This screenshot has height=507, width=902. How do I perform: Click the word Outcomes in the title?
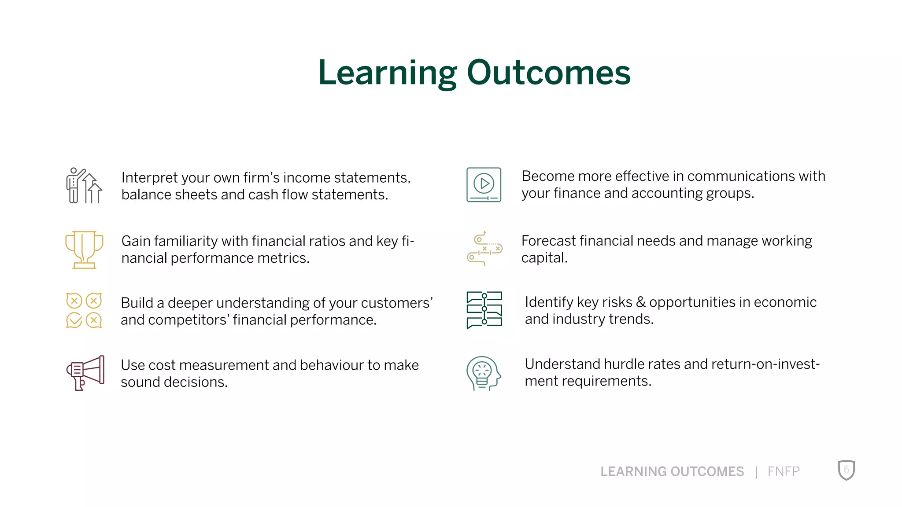coord(548,73)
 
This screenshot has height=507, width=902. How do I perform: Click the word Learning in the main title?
coord(388,73)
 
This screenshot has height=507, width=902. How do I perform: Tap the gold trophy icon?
coord(84,250)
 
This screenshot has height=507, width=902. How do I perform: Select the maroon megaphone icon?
coord(85,373)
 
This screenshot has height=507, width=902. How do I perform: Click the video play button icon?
coord(484,184)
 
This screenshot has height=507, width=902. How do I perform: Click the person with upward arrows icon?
coord(84,185)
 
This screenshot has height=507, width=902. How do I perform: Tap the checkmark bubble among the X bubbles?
coord(74,320)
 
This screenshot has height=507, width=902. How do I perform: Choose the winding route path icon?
coord(484,249)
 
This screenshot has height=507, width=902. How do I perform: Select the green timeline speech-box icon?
coord(484,310)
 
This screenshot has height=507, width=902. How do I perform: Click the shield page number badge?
coord(846,470)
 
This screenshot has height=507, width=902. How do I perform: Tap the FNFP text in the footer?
coord(783,472)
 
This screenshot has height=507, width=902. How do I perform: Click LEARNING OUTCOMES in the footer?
coord(672,472)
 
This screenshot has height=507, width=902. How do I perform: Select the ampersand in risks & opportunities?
coord(641,302)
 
